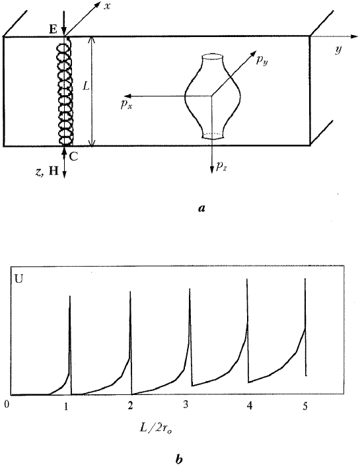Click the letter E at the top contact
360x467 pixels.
(x=52, y=30)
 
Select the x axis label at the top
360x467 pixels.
(x=107, y=6)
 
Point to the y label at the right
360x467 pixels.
(x=337, y=50)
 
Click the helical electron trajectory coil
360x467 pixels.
(x=65, y=92)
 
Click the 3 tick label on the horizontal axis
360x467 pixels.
(x=187, y=404)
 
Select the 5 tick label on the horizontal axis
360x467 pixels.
(x=305, y=404)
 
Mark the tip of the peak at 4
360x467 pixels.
(x=248, y=279)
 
